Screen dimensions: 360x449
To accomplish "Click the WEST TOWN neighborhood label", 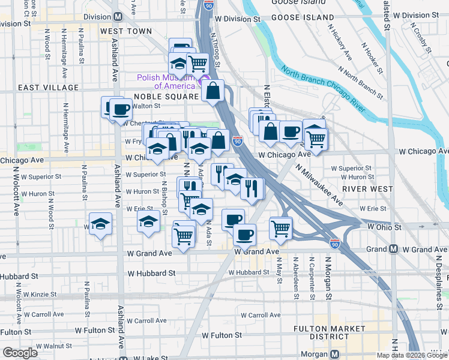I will pos(126,31).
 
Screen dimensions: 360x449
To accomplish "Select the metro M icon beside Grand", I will pos(393,249).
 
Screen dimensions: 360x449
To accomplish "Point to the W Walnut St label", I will pos(49,346).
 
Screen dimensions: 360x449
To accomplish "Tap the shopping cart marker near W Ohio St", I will pos(280,227).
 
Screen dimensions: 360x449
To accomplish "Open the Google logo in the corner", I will pos(20,353).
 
